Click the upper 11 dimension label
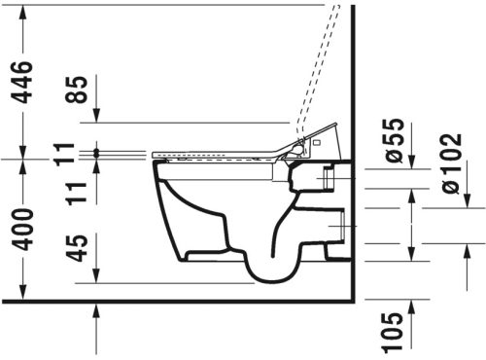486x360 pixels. click(63, 154)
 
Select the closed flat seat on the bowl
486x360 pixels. click(214, 154)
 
